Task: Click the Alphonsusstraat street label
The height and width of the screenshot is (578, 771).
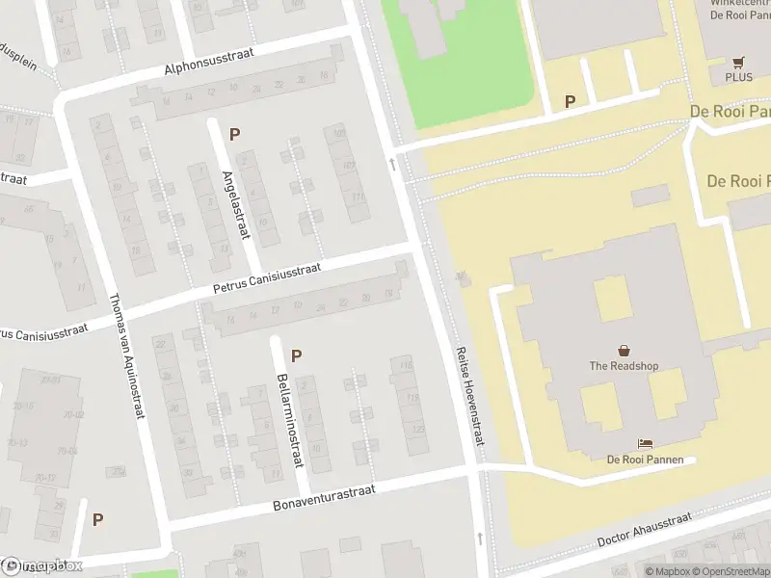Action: click(x=209, y=63)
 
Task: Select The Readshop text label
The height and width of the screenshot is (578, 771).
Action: click(x=624, y=366)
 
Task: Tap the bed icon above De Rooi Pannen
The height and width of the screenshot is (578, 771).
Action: click(x=645, y=443)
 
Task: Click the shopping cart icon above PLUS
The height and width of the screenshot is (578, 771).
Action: click(x=738, y=60)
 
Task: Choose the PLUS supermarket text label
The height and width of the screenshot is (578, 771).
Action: click(x=738, y=76)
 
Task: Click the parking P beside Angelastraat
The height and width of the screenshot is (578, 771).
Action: click(x=234, y=134)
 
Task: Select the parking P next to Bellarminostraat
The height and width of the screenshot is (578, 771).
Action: click(x=296, y=355)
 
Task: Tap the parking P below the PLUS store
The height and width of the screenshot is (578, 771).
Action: click(x=570, y=101)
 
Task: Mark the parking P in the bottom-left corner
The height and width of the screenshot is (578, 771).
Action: click(x=97, y=519)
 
